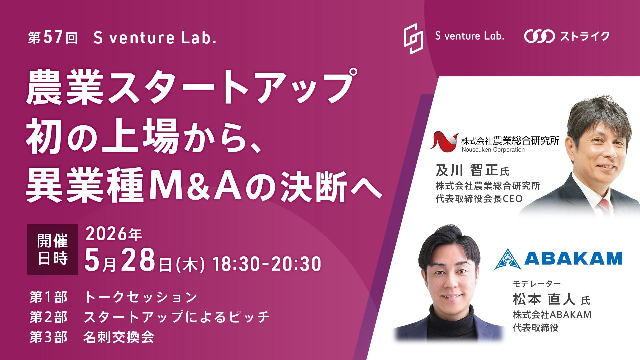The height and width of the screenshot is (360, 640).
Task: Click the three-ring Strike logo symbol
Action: [x=539, y=36]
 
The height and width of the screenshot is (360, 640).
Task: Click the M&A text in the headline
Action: [x=196, y=186]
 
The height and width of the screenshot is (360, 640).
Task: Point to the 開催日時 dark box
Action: [x=53, y=250]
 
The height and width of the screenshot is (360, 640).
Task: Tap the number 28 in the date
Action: [x=138, y=260]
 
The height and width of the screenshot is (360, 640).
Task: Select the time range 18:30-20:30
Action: [x=267, y=264]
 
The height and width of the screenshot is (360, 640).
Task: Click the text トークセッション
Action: [x=141, y=297]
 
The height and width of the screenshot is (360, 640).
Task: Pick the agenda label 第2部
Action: [x=49, y=317]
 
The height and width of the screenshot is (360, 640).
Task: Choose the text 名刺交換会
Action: [x=119, y=337]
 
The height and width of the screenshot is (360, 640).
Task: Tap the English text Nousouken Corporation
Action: [x=493, y=150]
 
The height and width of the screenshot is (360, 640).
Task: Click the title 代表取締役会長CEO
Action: [x=479, y=199]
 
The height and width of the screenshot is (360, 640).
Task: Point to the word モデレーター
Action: [x=537, y=284]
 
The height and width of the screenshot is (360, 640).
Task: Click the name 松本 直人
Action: [x=544, y=299]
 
